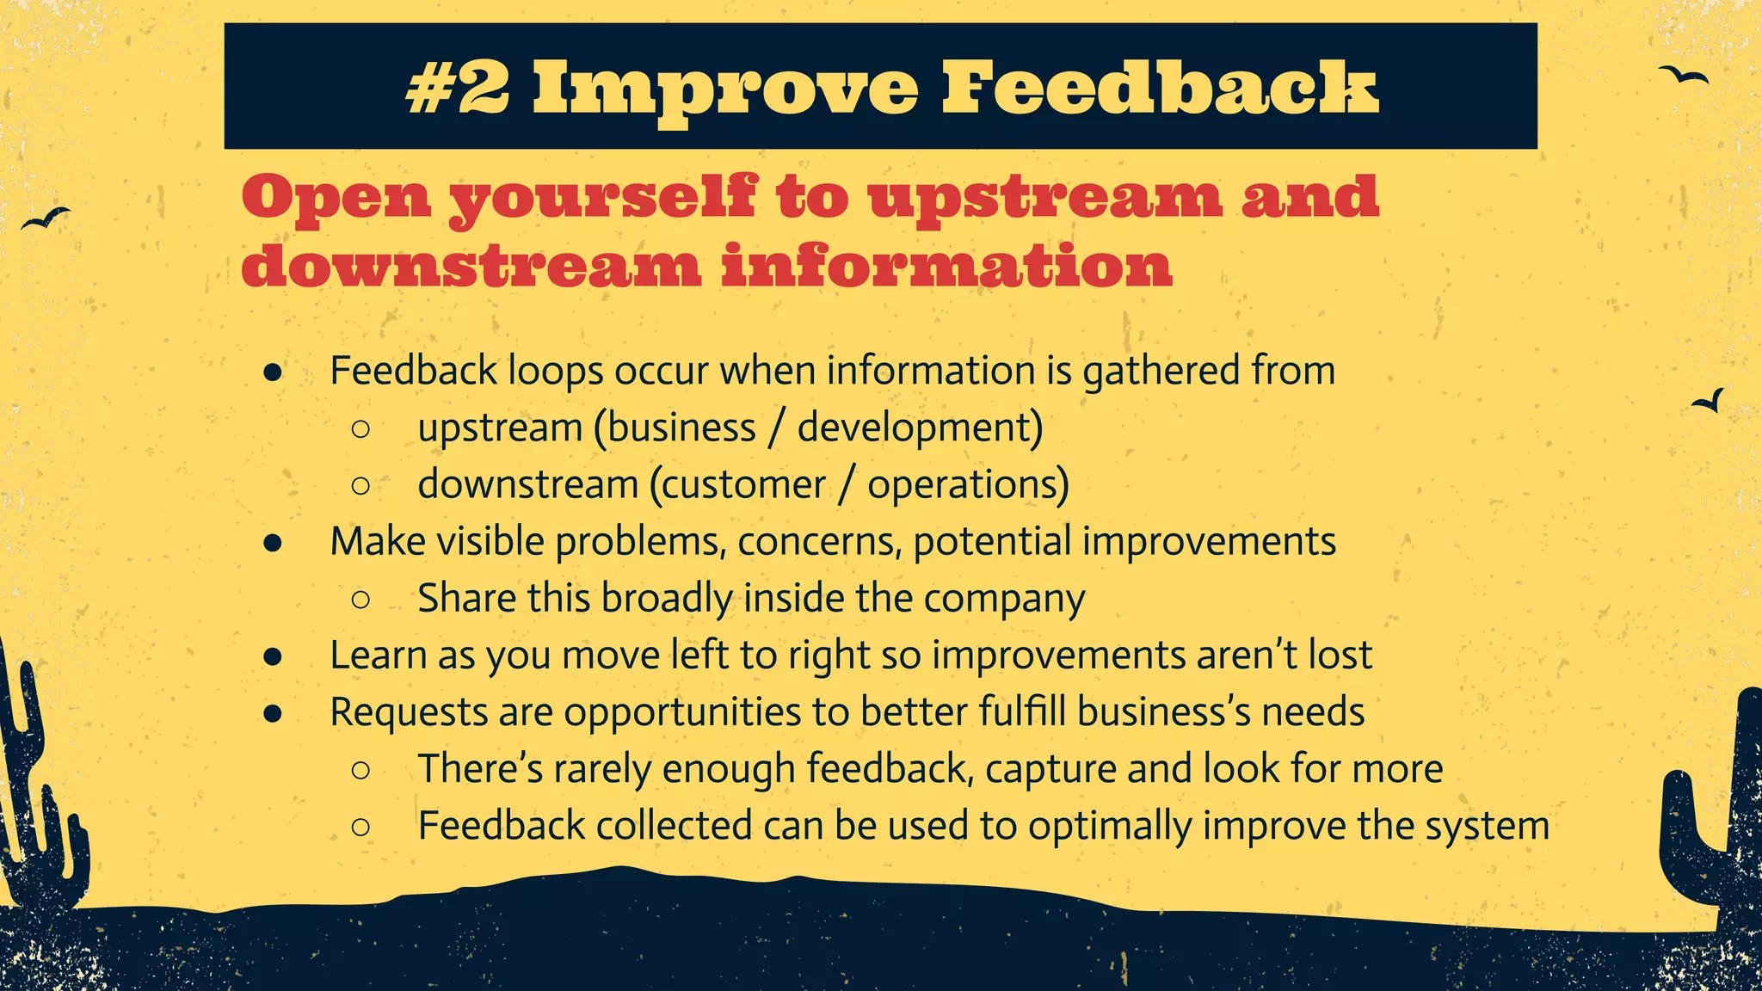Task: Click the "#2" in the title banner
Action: (x=457, y=88)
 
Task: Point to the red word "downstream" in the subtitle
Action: (x=471, y=266)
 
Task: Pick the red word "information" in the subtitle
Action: (x=946, y=266)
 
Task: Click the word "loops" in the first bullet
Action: (x=555, y=371)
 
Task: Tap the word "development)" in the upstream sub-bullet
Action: (x=920, y=428)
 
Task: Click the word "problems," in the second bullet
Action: (x=640, y=542)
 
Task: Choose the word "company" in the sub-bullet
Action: (x=1004, y=599)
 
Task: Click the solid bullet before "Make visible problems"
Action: (x=274, y=543)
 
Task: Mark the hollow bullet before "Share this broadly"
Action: (x=361, y=599)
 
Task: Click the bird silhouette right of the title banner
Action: (x=1684, y=76)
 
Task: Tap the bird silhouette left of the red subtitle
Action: (x=46, y=219)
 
